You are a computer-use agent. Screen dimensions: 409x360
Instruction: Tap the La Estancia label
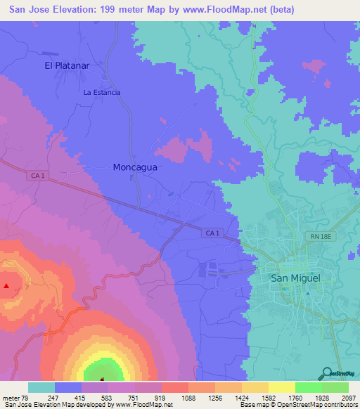102,92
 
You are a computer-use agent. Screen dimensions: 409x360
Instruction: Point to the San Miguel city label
295,278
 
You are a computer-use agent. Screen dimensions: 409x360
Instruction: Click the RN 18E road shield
319,238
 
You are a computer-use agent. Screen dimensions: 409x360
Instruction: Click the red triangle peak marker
7,285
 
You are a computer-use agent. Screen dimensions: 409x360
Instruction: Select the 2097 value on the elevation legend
348,398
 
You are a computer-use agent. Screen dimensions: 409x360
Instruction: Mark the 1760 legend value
295,398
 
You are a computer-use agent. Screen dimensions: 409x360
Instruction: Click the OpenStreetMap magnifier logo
326,373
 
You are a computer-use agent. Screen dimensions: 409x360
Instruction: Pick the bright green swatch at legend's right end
335,387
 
